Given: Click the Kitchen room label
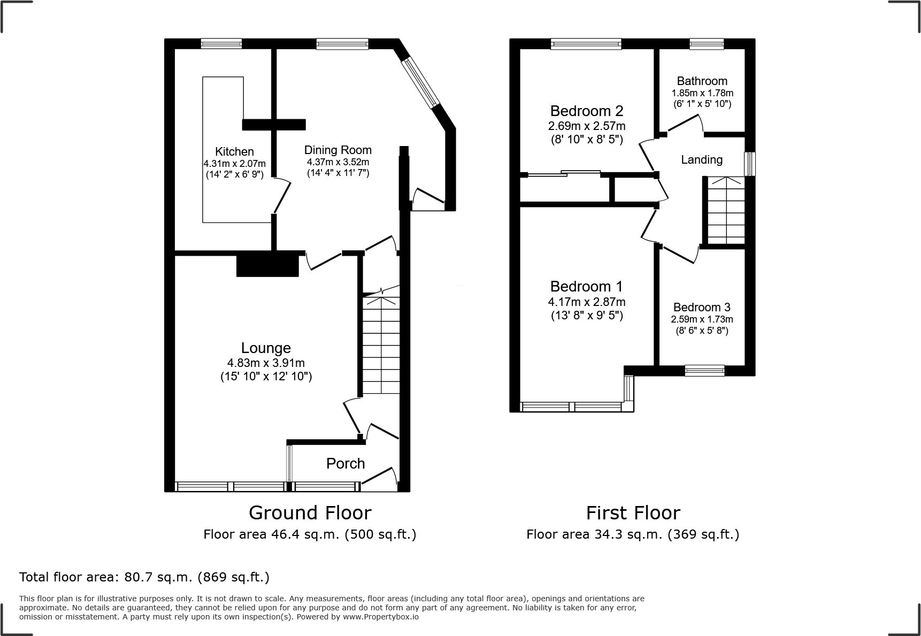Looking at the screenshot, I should (234, 151).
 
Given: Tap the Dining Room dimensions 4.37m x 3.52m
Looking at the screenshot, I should (337, 162).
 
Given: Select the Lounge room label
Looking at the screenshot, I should (266, 348).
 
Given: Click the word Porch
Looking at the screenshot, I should (346, 464).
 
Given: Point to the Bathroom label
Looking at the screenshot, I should (702, 81).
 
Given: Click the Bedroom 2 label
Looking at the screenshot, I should (586, 111).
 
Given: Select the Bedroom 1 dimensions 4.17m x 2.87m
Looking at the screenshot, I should (586, 302).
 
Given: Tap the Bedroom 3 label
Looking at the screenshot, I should (702, 307).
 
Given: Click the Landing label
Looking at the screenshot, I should (701, 159).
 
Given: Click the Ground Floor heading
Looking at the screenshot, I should (310, 513).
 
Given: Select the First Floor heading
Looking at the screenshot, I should (633, 513).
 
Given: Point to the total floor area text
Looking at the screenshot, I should (144, 577).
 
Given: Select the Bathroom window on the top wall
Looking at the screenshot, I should (706, 44).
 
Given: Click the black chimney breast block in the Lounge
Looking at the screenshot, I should (267, 265).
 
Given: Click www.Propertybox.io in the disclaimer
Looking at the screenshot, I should (380, 617).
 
